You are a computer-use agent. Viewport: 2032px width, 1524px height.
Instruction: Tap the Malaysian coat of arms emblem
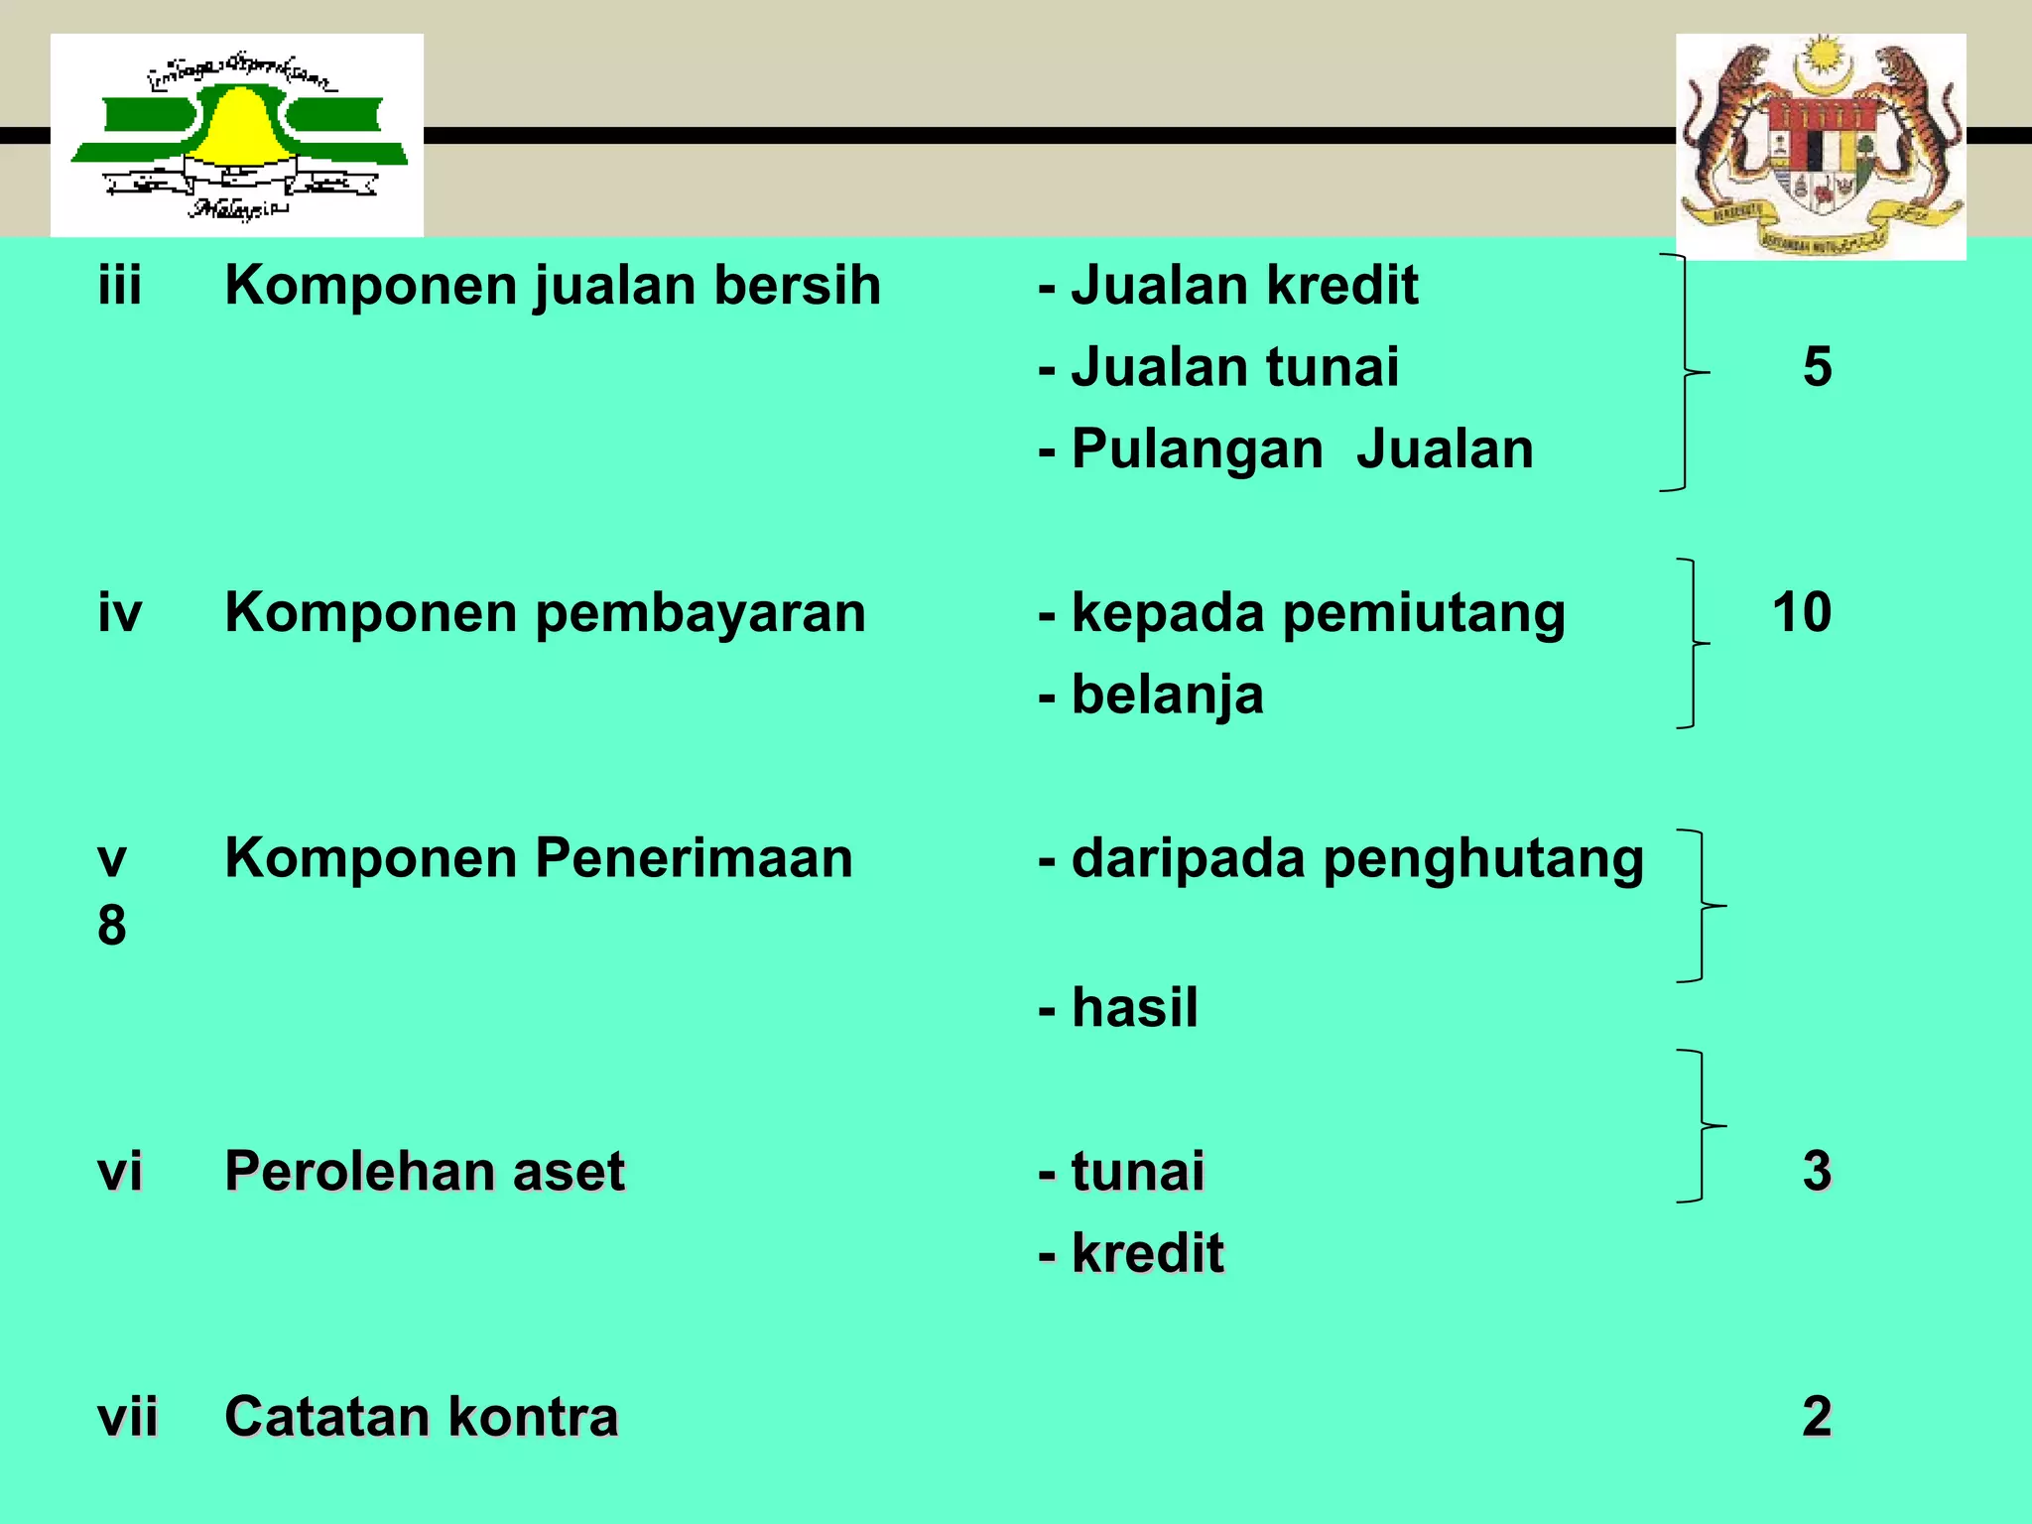pyautogui.click(x=1821, y=147)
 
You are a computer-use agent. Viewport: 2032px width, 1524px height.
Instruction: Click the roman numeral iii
pyautogui.click(x=120, y=286)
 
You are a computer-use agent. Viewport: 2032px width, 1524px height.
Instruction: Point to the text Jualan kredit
pyautogui.click(x=1244, y=286)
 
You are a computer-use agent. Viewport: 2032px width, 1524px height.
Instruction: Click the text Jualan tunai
pyautogui.click(x=1235, y=367)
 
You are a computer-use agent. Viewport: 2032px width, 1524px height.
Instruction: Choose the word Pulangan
pyautogui.click(x=1198, y=449)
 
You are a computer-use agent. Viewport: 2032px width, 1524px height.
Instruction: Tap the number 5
pyautogui.click(x=1817, y=367)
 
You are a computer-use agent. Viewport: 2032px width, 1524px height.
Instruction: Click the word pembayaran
pyautogui.click(x=700, y=614)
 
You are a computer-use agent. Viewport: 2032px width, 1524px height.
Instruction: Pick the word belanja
pyautogui.click(x=1168, y=696)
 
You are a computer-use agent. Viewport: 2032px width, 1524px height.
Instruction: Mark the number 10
pyautogui.click(x=1802, y=612)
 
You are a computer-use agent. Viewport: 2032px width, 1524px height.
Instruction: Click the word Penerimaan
pyautogui.click(x=694, y=858)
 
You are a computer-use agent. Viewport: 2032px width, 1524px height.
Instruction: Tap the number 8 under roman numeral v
pyautogui.click(x=112, y=926)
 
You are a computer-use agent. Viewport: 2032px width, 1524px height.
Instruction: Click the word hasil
pyautogui.click(x=1135, y=1008)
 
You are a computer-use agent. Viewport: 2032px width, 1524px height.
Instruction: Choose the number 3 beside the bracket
pyautogui.click(x=1817, y=1171)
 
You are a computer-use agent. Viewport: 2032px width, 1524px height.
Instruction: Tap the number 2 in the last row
pyautogui.click(x=1817, y=1417)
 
